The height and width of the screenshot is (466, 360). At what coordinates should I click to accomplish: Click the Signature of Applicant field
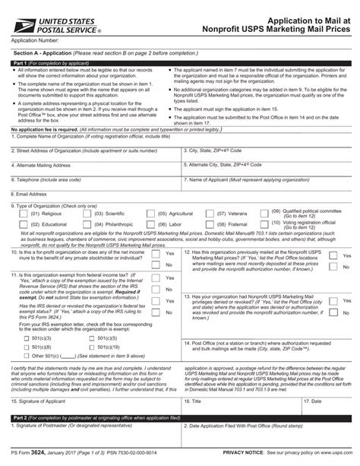pyautogui.click(x=91, y=406)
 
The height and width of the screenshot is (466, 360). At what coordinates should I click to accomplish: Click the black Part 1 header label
pyautogui.click(x=15, y=63)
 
